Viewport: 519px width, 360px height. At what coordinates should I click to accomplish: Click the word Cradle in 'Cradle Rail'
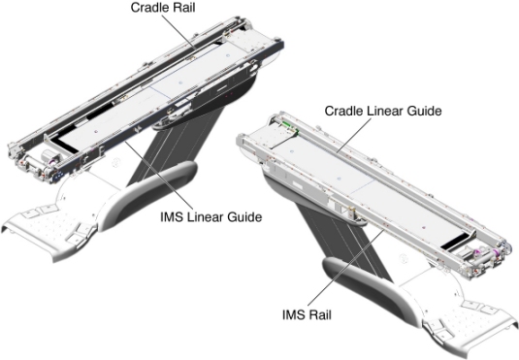(x=148, y=8)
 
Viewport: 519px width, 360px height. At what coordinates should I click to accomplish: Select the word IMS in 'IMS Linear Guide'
(x=171, y=217)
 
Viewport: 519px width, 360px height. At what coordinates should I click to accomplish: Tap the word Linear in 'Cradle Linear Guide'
(x=383, y=111)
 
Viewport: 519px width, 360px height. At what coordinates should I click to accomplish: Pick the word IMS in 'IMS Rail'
(x=293, y=314)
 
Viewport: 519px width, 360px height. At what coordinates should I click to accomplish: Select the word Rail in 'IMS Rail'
(x=318, y=314)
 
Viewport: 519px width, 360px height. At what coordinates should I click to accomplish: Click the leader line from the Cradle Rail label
(x=178, y=32)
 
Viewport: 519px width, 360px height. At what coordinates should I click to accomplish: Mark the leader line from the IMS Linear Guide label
(x=159, y=176)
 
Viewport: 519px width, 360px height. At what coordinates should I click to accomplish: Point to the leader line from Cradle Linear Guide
(x=353, y=135)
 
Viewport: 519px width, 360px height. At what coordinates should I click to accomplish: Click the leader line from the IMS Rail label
(x=345, y=269)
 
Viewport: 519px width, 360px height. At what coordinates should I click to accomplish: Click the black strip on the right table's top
(x=455, y=241)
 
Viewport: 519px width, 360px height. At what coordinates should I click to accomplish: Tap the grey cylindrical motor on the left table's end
(x=47, y=155)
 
